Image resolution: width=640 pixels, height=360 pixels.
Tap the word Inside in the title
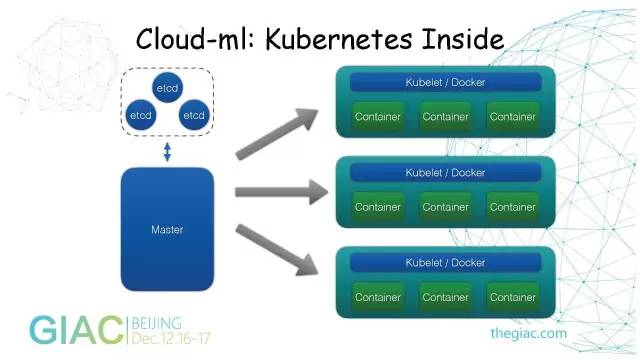click(x=463, y=39)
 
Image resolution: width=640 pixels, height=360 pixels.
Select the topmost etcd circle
click(x=167, y=88)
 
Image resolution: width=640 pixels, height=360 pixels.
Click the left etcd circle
click(x=141, y=115)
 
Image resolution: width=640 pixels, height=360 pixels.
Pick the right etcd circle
click(x=194, y=115)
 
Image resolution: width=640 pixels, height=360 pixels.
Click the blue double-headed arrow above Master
click(x=167, y=151)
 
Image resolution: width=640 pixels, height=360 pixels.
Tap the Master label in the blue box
click(x=167, y=229)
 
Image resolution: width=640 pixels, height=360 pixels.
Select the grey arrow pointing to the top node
click(x=277, y=133)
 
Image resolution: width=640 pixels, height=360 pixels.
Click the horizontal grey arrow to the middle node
click(x=282, y=192)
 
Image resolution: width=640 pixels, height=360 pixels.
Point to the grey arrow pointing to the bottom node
click(x=277, y=250)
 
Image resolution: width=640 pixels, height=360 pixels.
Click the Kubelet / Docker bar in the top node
click(x=445, y=82)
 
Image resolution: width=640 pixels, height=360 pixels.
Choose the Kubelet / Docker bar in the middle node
click(x=445, y=173)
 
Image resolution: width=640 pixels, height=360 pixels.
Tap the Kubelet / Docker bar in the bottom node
click(x=445, y=263)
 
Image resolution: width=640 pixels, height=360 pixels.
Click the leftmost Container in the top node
click(x=378, y=117)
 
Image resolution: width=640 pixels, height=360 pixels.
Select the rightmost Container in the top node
click(x=513, y=117)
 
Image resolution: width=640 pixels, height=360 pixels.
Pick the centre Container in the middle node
click(x=445, y=207)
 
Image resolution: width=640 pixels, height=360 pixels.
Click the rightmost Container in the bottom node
click(x=513, y=297)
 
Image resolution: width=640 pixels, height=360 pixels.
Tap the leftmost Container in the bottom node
click(x=378, y=297)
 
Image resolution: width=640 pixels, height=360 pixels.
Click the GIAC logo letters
click(x=76, y=330)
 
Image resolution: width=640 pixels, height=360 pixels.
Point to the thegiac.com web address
click(x=529, y=333)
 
